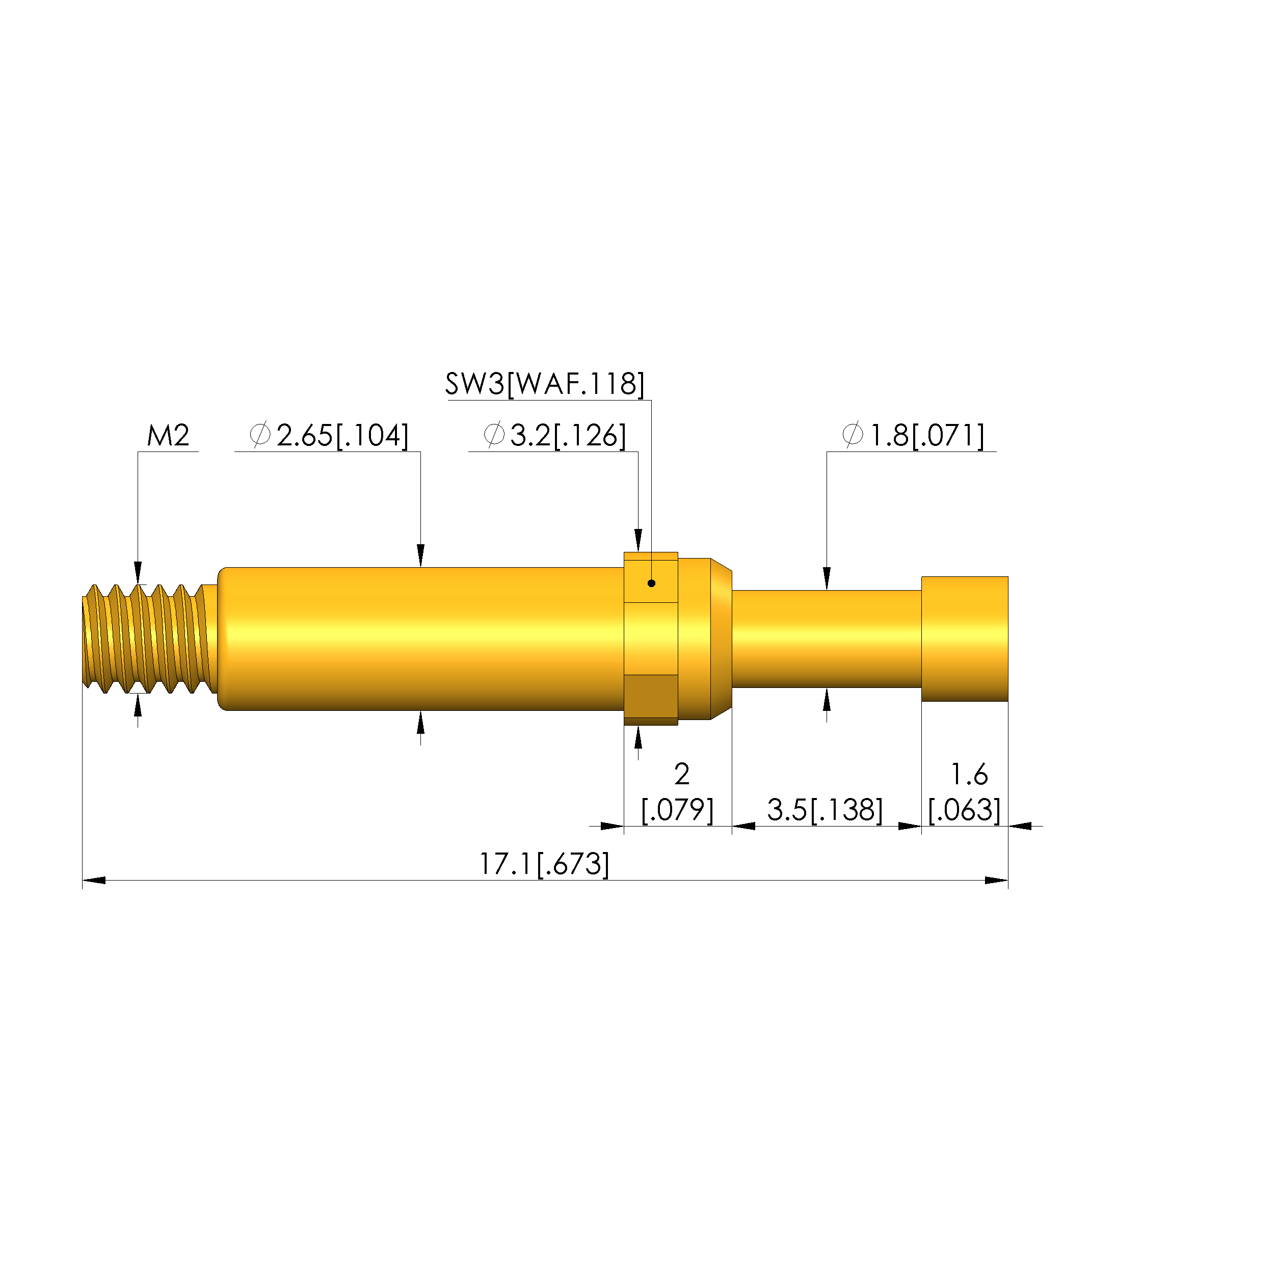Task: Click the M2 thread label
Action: pyautogui.click(x=168, y=436)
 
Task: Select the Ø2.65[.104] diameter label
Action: pyautogui.click(x=329, y=436)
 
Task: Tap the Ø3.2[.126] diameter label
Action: pyautogui.click(x=555, y=436)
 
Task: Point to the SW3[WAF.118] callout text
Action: pyautogui.click(x=545, y=384)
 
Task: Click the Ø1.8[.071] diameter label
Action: pyautogui.click(x=913, y=436)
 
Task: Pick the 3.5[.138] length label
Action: pyautogui.click(x=825, y=810)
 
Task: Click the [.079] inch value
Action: pyautogui.click(x=678, y=810)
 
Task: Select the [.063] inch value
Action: pyautogui.click(x=964, y=810)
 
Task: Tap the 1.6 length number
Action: pyautogui.click(x=969, y=774)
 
